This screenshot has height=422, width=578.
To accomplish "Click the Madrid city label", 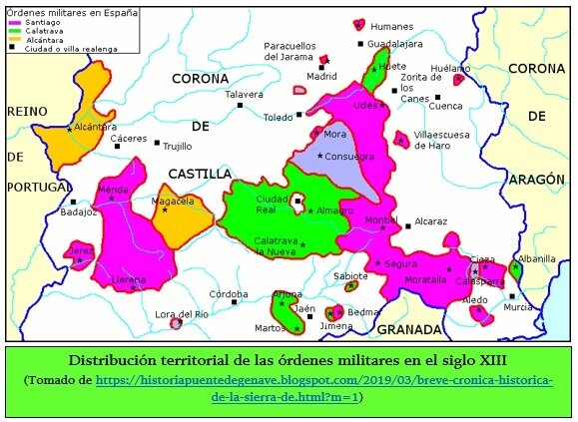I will coord(321,76).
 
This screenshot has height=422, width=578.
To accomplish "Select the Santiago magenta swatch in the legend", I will coord(14,22).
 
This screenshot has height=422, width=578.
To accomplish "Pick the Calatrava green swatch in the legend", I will coord(14,30).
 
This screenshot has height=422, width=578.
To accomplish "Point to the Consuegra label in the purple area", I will coord(350,157).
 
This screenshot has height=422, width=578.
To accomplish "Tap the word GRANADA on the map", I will coord(409,328).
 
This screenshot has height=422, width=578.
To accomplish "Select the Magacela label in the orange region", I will coord(172,201).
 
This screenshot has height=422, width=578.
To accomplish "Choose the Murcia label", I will coord(518,307).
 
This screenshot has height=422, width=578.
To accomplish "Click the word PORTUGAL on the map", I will coord(37,188).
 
